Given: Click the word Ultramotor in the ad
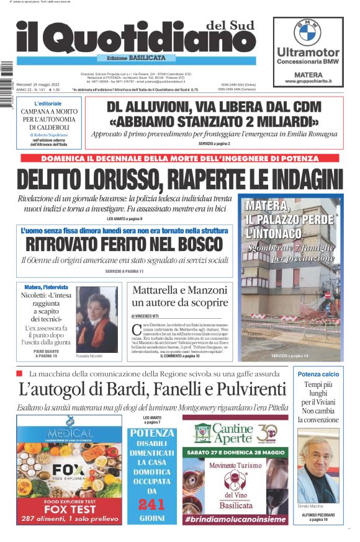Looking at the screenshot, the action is pyautogui.click(x=308, y=53).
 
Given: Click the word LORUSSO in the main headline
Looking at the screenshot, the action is pyautogui.click(x=117, y=179).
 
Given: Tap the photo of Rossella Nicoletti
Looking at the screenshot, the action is pyautogui.click(x=97, y=318).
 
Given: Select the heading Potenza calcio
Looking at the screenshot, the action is pyautogui.click(x=318, y=374).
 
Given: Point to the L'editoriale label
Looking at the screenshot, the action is pyautogui.click(x=48, y=103).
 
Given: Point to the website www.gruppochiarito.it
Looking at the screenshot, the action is pyautogui.click(x=308, y=81).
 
